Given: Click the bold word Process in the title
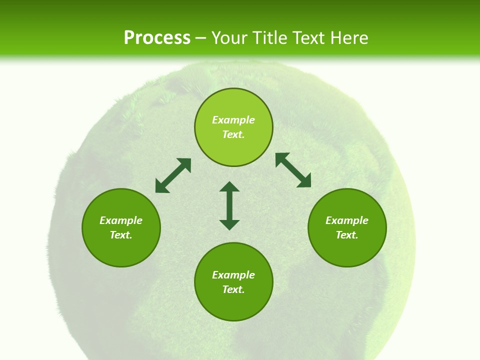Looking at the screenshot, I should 157,37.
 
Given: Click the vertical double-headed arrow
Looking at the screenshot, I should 229,205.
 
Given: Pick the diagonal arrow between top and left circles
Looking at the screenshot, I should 173,175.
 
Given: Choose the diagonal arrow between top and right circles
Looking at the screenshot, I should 293,170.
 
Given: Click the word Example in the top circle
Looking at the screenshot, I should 233,120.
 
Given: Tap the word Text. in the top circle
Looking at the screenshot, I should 233,134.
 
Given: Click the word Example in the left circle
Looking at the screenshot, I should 121,220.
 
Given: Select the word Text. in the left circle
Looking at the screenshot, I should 121,235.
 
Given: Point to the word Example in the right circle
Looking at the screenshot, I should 347,220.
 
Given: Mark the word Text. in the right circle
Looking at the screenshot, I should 347,235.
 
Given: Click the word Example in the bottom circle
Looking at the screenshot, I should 233,275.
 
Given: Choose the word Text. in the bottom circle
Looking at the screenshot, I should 233,289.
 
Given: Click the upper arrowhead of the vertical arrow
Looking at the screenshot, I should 229,187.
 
